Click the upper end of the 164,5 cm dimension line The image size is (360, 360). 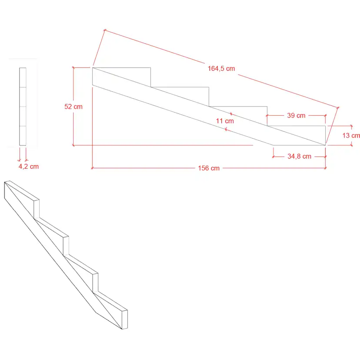coord(105,30)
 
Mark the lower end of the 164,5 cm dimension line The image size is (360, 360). coord(338,107)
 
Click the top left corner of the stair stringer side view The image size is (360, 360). coord(93,68)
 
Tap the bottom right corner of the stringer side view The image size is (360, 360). coord(326,145)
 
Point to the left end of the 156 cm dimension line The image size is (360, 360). coord(92,168)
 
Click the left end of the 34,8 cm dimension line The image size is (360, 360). coord(273,157)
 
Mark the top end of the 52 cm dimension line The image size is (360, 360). coord(73,68)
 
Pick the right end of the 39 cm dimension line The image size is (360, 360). coord(325,116)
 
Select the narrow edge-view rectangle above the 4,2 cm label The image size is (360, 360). coord(23,107)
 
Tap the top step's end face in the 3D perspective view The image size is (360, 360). coord(37,209)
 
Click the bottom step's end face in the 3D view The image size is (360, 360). coord(125,320)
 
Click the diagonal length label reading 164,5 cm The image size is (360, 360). coord(221,68)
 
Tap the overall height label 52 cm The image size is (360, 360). coord(73,107)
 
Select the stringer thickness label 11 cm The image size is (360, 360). coord(225,121)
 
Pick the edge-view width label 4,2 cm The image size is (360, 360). coord(29,167)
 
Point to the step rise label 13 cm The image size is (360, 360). coord(351,136)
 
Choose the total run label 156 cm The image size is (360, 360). coord(209,168)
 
